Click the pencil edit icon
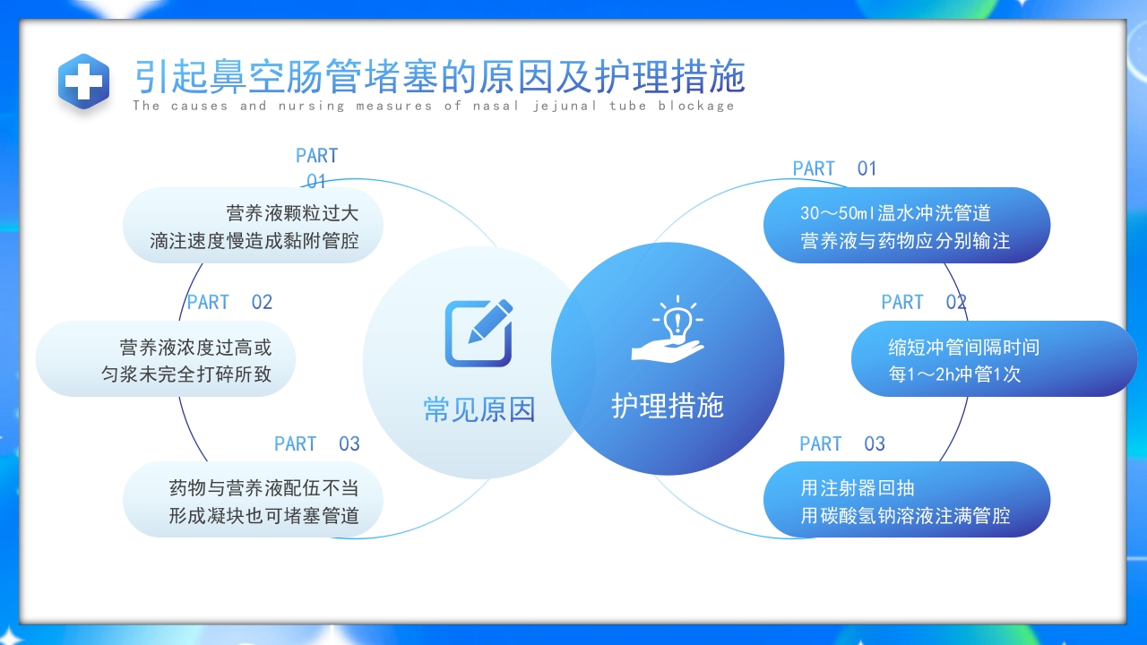click(x=479, y=332)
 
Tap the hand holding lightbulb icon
click(x=668, y=331)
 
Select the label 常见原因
click(x=479, y=409)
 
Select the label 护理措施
click(x=668, y=406)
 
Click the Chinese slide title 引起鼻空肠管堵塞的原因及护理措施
click(x=439, y=77)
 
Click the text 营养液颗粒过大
click(x=292, y=213)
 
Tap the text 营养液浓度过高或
click(x=195, y=347)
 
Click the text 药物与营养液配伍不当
click(x=263, y=488)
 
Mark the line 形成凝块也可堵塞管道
click(x=263, y=516)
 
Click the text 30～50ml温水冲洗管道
click(x=895, y=213)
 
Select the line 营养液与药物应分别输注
click(x=905, y=241)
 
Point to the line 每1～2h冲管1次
click(x=954, y=374)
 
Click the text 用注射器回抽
click(x=858, y=488)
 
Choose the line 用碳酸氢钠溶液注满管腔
click(x=905, y=516)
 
